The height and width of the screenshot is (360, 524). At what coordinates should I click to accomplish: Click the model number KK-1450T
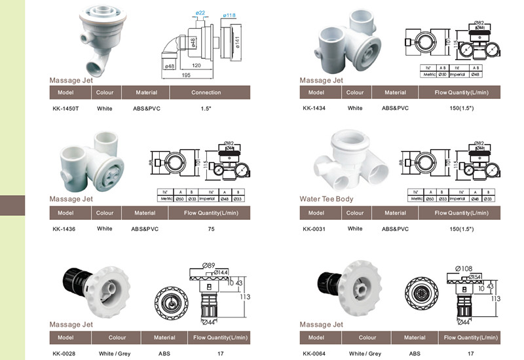click(65, 108)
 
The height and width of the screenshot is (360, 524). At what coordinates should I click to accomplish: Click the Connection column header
click(206, 93)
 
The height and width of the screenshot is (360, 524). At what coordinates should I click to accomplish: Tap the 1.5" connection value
click(206, 108)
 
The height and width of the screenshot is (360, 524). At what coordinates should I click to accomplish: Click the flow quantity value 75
click(211, 229)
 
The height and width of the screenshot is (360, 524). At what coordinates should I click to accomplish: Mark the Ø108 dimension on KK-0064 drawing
click(464, 268)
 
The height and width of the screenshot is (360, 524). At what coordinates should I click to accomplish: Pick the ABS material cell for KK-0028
click(164, 353)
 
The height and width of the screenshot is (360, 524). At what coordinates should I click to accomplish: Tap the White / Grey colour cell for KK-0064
click(365, 353)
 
